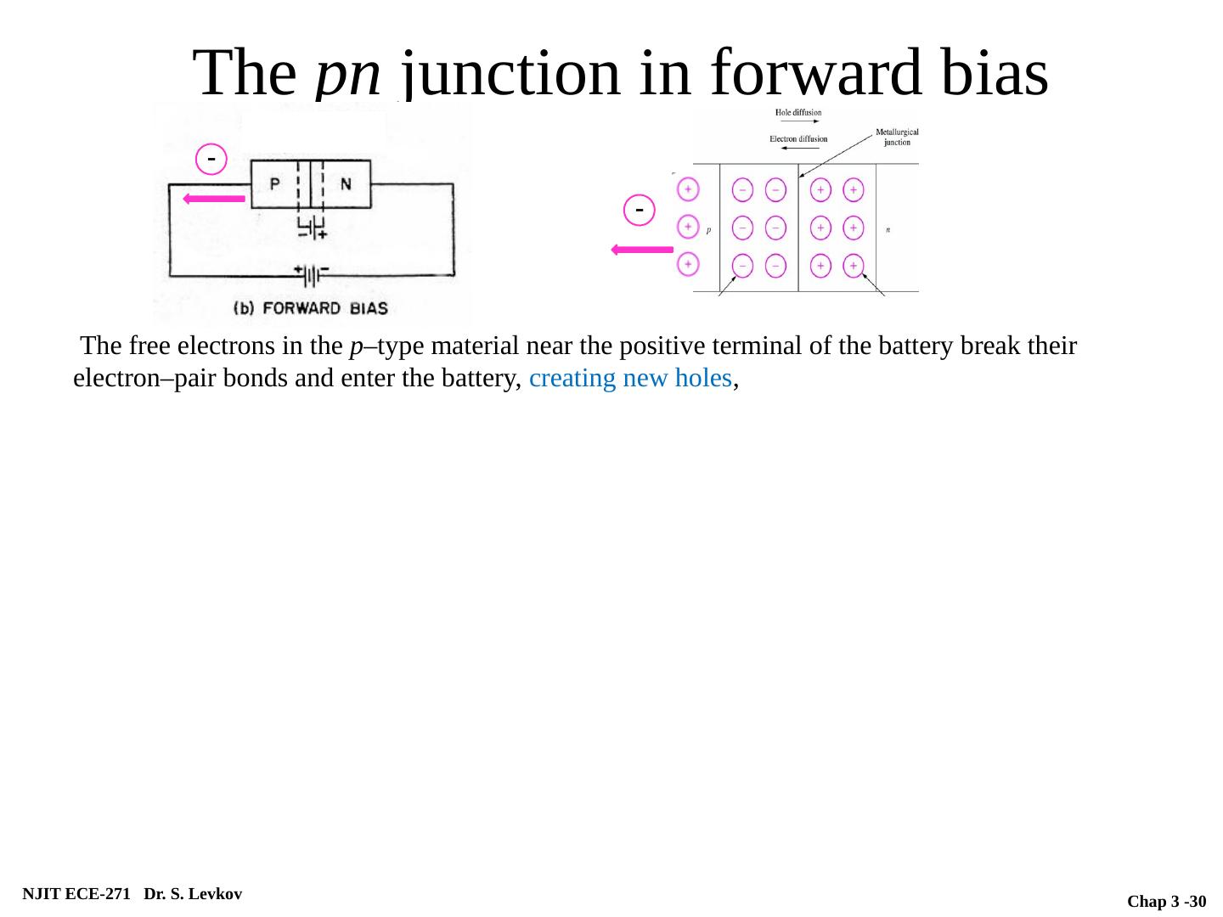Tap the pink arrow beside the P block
(215, 199)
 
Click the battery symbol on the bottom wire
(312, 275)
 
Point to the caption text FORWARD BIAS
(325, 307)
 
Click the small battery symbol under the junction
(312, 228)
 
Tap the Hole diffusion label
(798, 113)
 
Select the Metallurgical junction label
(897, 137)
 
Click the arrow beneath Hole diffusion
(797, 123)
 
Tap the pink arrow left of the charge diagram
(642, 250)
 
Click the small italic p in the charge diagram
(709, 230)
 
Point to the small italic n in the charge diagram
(888, 229)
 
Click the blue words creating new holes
(630, 379)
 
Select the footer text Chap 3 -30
(1166, 901)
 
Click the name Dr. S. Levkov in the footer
(193, 893)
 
